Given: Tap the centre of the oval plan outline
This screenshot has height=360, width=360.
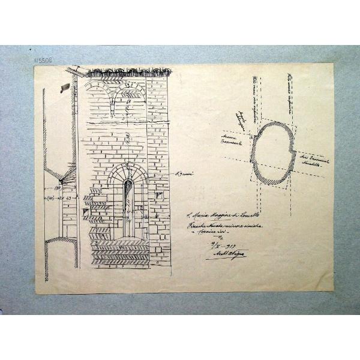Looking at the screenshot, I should coord(274,152).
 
